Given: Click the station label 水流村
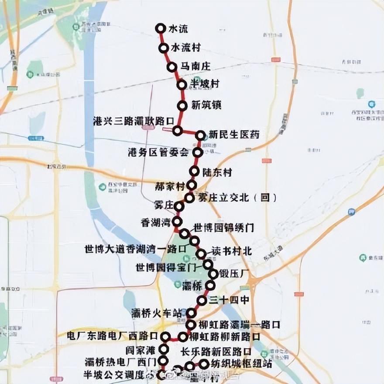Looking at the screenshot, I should (186, 47).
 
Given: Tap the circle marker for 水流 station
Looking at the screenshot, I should (161, 28).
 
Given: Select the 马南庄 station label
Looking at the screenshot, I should (195, 66).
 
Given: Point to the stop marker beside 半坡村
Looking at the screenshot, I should (182, 84).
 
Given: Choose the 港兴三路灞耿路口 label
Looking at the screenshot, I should (134, 120).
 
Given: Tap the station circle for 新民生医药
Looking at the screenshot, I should (200, 135).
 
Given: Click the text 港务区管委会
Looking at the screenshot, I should (158, 152).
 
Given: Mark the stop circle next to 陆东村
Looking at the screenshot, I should (194, 171).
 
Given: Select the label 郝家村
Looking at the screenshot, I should (170, 186).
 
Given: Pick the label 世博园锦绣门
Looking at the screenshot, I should (223, 228).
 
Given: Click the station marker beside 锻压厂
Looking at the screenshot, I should (213, 274).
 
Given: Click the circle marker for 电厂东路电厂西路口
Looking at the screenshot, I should (165, 337).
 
